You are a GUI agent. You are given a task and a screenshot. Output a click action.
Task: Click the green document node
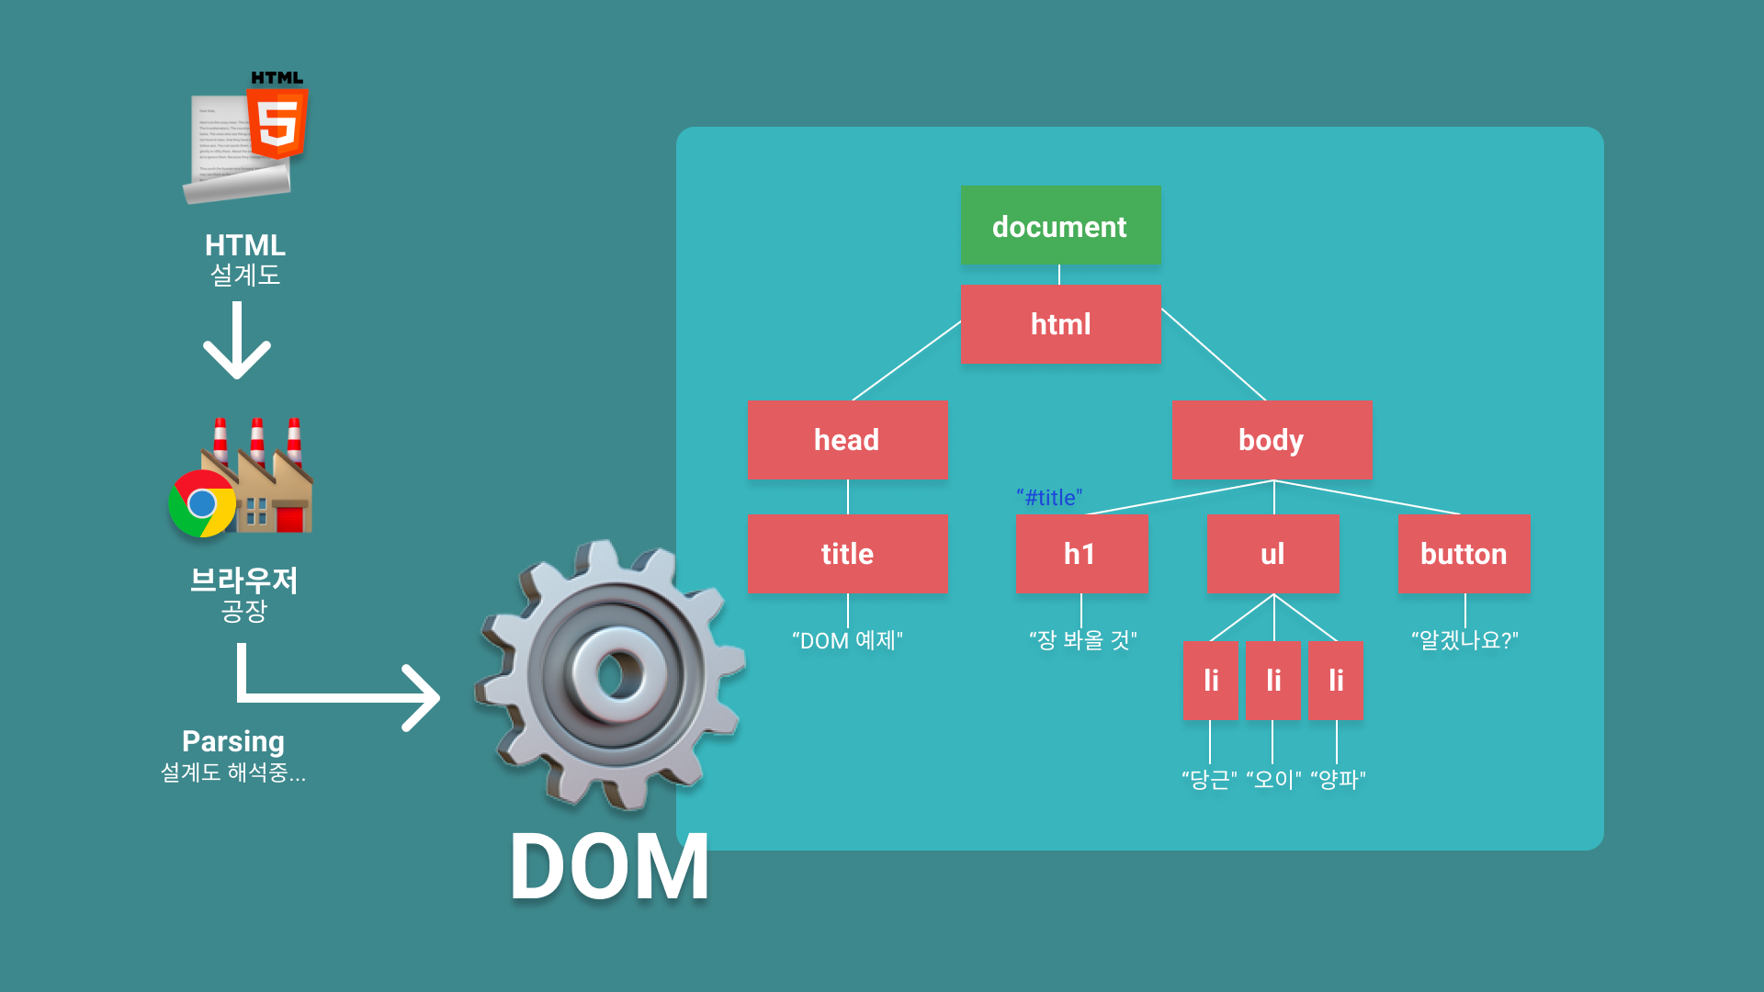1060,226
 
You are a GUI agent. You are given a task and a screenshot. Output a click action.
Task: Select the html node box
1060,324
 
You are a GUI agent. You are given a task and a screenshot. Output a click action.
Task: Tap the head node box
847,440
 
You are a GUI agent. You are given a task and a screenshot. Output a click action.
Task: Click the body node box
1272,440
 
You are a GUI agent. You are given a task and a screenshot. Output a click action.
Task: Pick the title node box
847,554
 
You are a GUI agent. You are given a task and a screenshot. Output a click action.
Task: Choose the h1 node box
1080,554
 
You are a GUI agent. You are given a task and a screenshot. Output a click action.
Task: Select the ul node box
1272,554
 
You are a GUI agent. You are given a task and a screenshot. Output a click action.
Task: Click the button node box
1464,554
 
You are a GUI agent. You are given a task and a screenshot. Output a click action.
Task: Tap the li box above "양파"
1335,681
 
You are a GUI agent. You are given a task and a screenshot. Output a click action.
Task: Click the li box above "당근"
1210,681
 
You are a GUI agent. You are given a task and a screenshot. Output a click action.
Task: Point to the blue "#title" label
1049,498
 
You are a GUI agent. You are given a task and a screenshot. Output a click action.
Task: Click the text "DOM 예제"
847,640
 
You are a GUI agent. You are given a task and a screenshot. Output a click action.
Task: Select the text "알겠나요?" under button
1464,640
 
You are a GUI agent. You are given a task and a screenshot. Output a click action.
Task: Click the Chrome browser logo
202,503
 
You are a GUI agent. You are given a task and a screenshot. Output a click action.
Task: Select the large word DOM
610,867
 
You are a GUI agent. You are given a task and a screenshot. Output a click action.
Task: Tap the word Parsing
233,741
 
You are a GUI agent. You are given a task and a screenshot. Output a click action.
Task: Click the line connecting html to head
907,360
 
